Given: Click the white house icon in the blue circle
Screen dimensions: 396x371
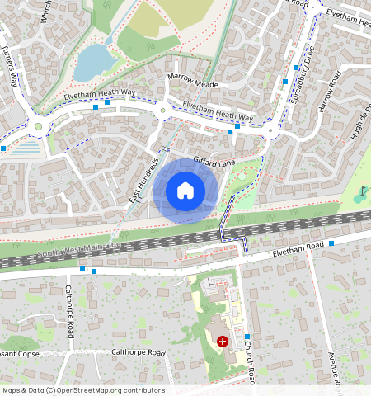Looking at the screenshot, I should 185,191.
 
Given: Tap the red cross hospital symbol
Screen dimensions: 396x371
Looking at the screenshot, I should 222,341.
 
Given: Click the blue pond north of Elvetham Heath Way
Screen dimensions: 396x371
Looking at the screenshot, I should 93,62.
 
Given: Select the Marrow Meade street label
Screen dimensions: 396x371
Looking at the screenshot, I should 192,81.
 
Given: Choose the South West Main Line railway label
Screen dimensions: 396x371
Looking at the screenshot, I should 79,252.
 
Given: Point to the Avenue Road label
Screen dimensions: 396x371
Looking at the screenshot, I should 334,367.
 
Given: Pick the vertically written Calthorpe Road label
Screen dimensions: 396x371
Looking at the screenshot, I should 69,313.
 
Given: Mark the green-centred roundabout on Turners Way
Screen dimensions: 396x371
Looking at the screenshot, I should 37,127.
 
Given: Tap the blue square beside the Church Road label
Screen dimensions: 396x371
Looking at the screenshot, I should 247,337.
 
